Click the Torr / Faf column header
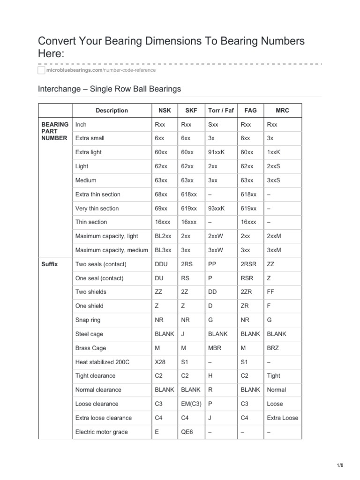(220, 111)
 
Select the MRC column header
(283, 111)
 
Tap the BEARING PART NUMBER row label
(55, 131)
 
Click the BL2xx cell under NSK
(164, 236)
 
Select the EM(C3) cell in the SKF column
(191, 404)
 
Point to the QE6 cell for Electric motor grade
(187, 432)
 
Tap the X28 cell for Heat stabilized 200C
(160, 362)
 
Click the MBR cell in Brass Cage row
(215, 348)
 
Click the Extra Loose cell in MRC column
(282, 418)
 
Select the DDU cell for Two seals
(161, 264)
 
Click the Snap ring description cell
(88, 320)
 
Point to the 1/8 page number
(340, 465)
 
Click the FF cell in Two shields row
(270, 292)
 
